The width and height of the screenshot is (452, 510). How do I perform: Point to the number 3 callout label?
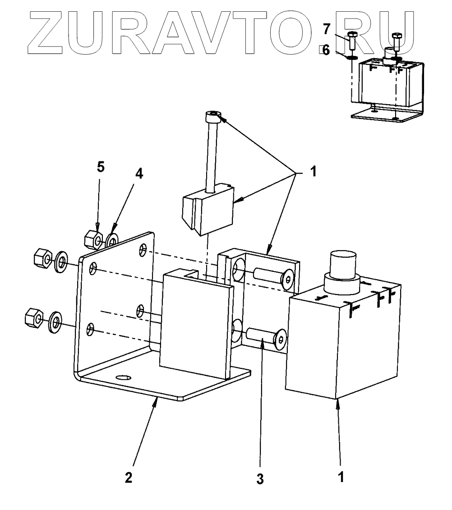point(260,479)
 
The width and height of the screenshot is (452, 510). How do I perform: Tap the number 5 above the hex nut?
point(101,167)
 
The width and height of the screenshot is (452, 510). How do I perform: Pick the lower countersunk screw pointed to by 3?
point(267,339)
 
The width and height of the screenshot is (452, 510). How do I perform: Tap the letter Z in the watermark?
point(54,30)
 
